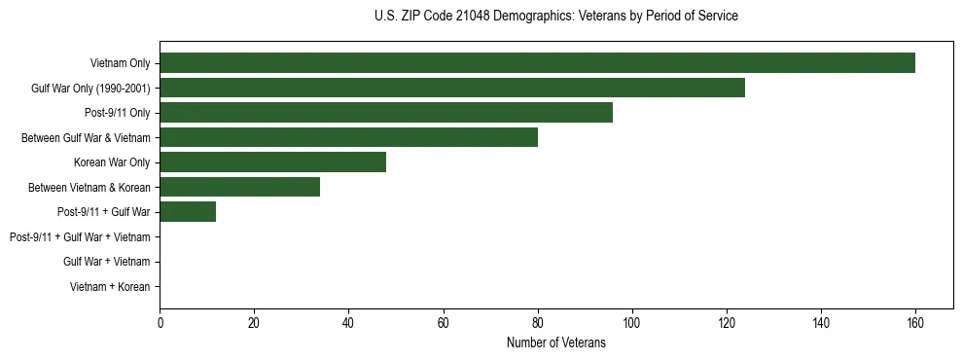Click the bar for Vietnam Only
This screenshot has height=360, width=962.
pyautogui.click(x=537, y=63)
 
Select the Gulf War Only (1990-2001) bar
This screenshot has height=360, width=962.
pyautogui.click(x=452, y=88)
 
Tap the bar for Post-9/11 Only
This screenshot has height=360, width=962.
pyautogui.click(x=386, y=113)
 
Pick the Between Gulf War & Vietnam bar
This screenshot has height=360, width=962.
pyautogui.click(x=348, y=138)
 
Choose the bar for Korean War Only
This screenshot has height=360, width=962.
pyautogui.click(x=272, y=162)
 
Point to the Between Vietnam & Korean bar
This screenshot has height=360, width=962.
pyautogui.click(x=239, y=187)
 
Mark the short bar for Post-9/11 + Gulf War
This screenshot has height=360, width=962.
pyautogui.click(x=188, y=212)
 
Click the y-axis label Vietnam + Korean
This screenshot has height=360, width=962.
pyautogui.click(x=110, y=287)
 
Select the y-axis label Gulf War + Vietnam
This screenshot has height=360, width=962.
pyautogui.click(x=106, y=262)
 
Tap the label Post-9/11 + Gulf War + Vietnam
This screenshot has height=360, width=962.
pyautogui.click(x=80, y=237)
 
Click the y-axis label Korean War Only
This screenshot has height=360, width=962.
pyautogui.click(x=112, y=162)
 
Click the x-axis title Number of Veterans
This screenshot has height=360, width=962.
pyautogui.click(x=555, y=342)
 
